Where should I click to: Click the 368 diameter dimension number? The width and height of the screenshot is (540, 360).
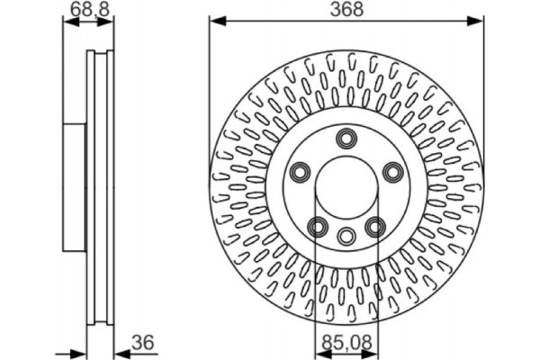tap(346, 10)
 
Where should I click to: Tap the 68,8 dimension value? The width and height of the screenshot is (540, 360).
tap(87, 10)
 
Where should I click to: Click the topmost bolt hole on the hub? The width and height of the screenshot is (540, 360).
tap(346, 138)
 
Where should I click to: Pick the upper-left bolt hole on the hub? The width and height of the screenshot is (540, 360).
tap(300, 171)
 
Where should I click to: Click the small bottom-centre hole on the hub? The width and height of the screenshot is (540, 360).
tap(346, 236)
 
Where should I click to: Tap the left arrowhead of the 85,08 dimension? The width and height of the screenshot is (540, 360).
tap(321, 352)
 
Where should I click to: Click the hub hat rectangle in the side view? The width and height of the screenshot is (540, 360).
tap(76, 188)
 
